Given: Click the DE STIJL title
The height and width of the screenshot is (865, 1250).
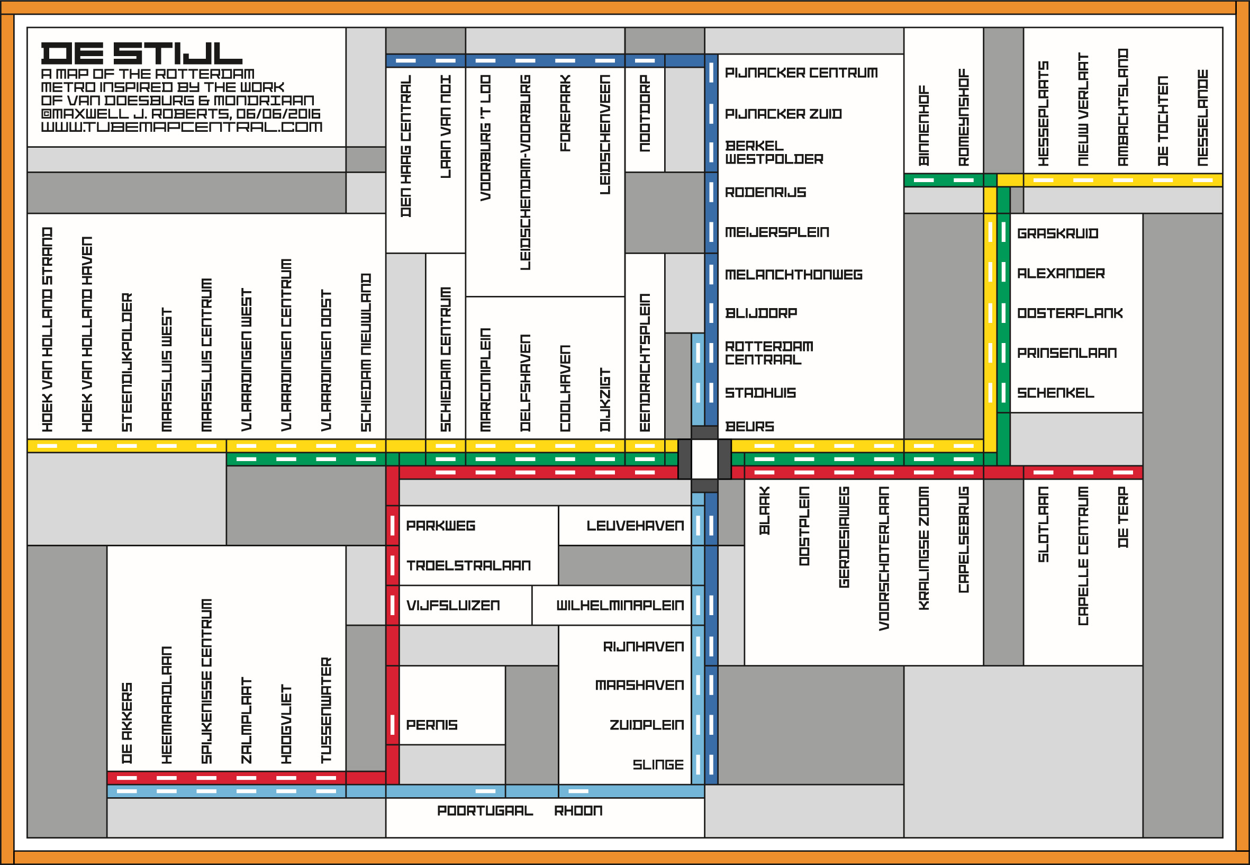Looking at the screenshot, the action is (141, 53).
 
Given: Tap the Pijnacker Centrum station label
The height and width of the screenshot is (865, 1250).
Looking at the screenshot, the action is (801, 73).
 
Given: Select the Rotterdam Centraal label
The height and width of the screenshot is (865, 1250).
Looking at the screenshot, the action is (769, 353).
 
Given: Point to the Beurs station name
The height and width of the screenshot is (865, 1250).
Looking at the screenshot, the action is (749, 427).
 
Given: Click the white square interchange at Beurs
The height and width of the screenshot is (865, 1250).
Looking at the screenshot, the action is (704, 459).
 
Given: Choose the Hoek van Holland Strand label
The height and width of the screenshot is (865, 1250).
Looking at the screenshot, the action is (47, 329).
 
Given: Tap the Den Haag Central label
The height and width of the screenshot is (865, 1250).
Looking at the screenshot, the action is (406, 146).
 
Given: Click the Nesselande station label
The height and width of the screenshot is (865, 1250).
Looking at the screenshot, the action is (1202, 117).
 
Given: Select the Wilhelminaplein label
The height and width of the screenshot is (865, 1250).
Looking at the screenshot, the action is (620, 606).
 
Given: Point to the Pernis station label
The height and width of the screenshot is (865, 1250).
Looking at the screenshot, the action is (432, 725).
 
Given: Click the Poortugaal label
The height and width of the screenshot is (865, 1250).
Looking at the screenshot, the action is (485, 810).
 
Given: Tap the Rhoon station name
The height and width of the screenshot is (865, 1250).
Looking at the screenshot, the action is (578, 810).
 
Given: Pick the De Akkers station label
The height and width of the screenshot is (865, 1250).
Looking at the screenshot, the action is (127, 723).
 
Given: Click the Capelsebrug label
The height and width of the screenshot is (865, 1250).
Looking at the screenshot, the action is (963, 539).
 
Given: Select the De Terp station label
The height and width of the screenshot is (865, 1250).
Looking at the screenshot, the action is (1122, 517).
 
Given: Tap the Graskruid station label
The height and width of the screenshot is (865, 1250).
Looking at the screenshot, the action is (1058, 233).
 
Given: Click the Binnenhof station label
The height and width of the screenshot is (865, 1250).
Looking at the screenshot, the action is (924, 125).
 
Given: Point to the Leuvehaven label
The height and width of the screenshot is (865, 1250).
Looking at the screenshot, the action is (635, 526).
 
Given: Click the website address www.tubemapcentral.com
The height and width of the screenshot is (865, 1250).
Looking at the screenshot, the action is (182, 127).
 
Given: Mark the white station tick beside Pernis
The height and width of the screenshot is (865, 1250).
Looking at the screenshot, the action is (392, 725).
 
